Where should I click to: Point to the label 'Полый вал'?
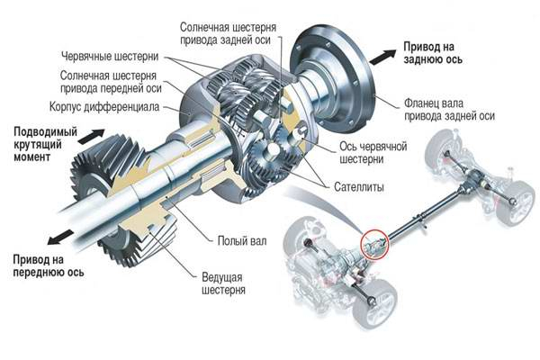(x=240, y=240)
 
